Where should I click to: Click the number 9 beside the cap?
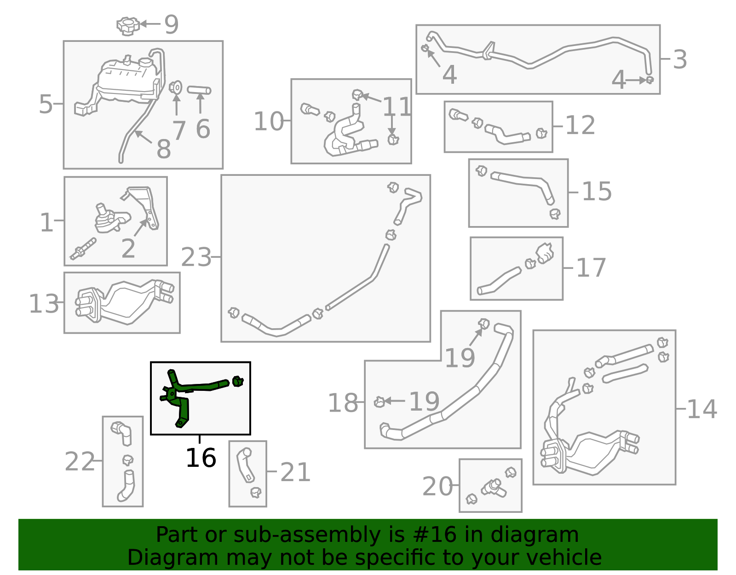click(x=171, y=24)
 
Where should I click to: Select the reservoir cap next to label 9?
click(x=127, y=26)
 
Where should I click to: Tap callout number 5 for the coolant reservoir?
click(x=46, y=104)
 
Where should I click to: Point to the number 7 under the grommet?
click(x=179, y=131)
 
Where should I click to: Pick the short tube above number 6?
click(x=199, y=90)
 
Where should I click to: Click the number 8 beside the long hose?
click(x=164, y=149)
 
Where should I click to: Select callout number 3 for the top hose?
click(x=679, y=60)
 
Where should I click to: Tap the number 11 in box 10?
click(x=397, y=107)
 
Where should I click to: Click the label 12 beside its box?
click(x=580, y=125)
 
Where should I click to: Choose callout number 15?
click(x=597, y=192)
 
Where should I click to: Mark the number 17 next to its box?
click(x=591, y=268)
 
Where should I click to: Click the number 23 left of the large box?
click(x=196, y=257)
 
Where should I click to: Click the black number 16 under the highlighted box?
click(x=201, y=458)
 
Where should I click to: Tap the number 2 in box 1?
click(x=128, y=249)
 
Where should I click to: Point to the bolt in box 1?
click(x=83, y=249)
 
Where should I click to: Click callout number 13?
click(x=44, y=304)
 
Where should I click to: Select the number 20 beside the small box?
click(x=437, y=487)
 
